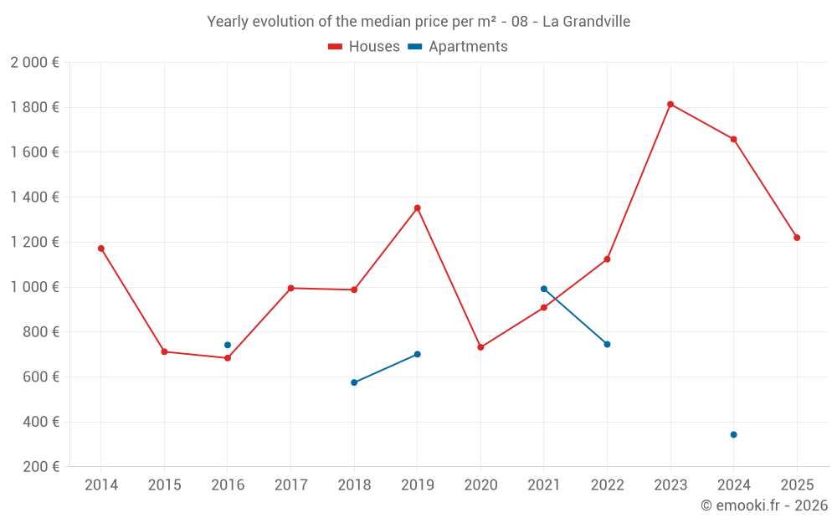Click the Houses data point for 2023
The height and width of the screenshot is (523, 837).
click(670, 105)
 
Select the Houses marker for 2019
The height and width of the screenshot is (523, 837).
click(417, 208)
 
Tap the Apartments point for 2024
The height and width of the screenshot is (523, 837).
click(733, 434)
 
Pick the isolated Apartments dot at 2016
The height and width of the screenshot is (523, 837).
click(228, 345)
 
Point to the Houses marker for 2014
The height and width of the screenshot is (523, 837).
click(101, 249)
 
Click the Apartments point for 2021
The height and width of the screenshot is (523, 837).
click(544, 289)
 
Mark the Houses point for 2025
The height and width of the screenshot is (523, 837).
click(797, 238)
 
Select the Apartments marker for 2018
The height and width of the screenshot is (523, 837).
click(354, 382)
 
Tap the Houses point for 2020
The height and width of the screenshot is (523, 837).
click(480, 347)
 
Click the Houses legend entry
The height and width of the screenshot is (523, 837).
click(364, 47)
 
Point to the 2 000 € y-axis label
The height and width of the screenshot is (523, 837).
click(34, 63)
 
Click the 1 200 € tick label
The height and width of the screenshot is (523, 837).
click(34, 243)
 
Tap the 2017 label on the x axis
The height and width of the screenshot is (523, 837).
click(290, 485)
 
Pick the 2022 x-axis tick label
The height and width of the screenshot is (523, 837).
click(607, 485)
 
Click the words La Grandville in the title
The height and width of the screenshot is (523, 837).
click(586, 22)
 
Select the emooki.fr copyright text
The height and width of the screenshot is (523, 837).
click(764, 505)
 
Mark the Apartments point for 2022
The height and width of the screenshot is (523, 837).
click(607, 344)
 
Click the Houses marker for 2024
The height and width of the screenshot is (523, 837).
click(733, 139)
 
